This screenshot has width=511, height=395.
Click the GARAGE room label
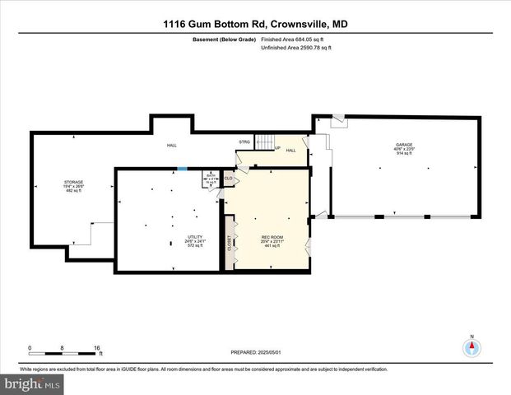pos(403,146)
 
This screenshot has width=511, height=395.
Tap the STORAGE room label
pos(74,182)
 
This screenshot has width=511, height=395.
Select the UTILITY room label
pos(195,237)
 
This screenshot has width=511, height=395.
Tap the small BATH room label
pos(210,174)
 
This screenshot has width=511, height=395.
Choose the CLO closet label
pos(229,178)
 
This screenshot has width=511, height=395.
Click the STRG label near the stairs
pos(244,142)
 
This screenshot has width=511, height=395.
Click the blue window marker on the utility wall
pos(183,170)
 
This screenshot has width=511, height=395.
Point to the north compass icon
pos(472,346)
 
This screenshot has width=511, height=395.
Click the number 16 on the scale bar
pos(98,348)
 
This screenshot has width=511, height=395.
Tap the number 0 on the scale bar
pos(30,348)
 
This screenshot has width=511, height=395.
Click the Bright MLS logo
pos(31,383)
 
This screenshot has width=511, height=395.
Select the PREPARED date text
pos(255,352)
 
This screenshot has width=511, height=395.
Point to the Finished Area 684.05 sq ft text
pos(292,39)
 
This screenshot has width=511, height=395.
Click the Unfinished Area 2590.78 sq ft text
pos(295,48)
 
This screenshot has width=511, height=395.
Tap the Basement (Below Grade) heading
pos(223,39)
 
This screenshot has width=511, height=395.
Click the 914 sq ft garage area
pos(403,154)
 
